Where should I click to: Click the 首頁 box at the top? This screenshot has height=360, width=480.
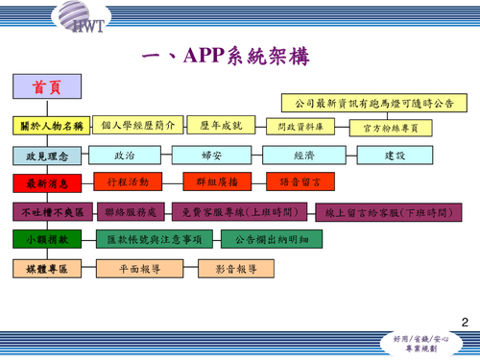48,87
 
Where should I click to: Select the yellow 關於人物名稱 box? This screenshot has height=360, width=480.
52,126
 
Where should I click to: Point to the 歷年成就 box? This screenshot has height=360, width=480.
222,126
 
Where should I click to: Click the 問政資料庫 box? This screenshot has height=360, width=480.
300,127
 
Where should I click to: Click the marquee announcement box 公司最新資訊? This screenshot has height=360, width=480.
374,102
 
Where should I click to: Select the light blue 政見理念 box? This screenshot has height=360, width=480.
48,155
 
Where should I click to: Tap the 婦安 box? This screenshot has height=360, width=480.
213,155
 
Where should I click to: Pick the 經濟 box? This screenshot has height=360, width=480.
304,155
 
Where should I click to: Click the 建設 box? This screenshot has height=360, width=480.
396,155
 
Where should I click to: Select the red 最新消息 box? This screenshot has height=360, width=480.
48,182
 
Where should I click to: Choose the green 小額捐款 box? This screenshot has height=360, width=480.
48,238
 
